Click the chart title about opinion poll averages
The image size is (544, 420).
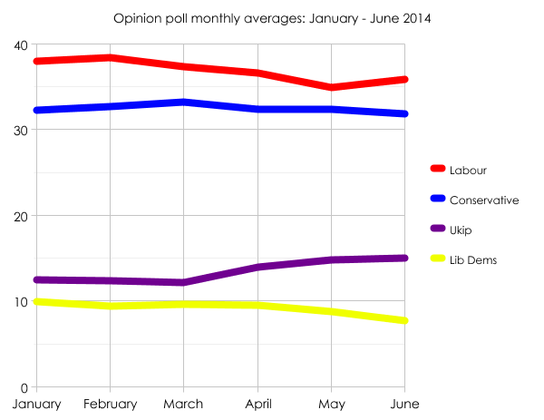272,18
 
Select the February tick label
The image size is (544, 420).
110,404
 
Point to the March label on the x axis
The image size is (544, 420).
184,404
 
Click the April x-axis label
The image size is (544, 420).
258,404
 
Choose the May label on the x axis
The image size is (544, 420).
332,404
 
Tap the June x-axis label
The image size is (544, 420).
405,404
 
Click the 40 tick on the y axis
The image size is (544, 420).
20,45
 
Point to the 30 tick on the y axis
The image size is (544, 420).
20,131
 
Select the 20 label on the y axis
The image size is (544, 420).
20,217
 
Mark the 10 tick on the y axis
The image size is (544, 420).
20,302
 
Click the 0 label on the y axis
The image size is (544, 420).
24,387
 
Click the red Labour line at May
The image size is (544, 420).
332,87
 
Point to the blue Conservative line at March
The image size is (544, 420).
184,102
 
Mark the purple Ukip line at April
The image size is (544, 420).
258,267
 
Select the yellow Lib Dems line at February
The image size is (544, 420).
110,306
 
